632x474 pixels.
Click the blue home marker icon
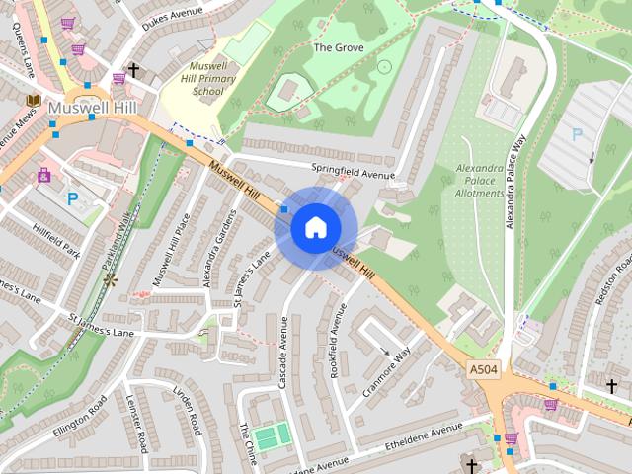point(314,228)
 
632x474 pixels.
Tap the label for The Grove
point(339,47)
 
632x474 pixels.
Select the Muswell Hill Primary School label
point(207,78)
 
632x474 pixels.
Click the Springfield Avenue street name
point(353,170)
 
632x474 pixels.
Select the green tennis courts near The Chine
point(272,434)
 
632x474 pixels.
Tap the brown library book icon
point(33,101)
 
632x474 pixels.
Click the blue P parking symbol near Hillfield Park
point(72,198)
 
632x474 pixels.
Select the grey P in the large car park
point(576,132)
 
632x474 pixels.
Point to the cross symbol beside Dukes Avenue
point(133,70)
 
